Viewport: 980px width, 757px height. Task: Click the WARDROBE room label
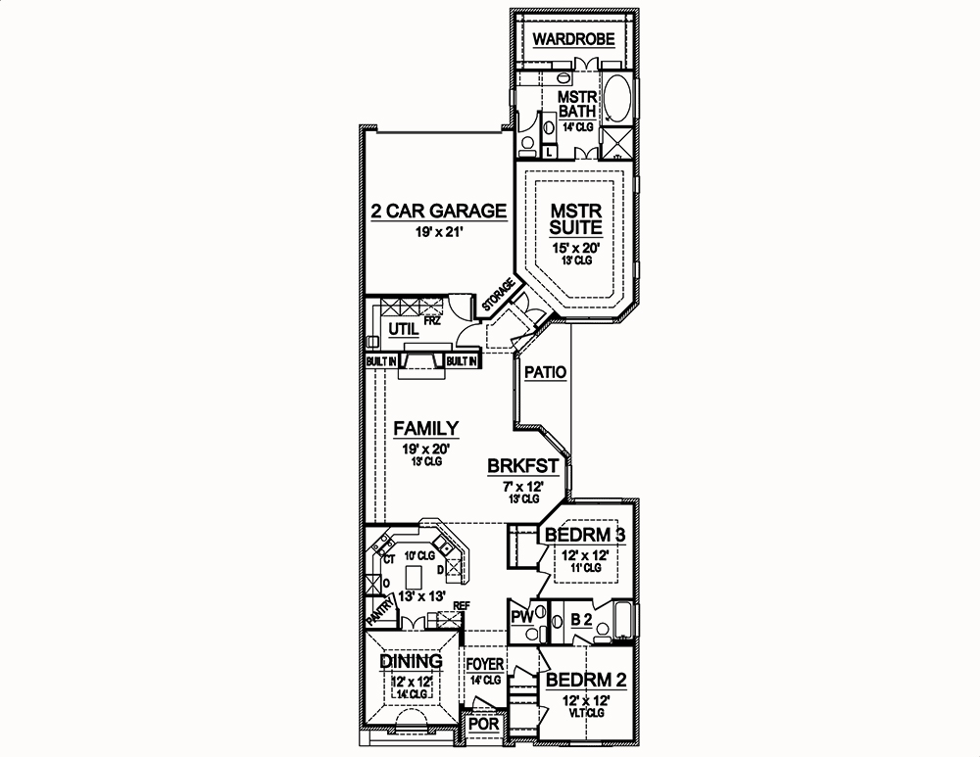pyautogui.click(x=574, y=40)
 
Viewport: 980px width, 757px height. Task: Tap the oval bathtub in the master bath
pyautogui.click(x=617, y=100)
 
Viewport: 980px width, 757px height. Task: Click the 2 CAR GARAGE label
pyautogui.click(x=438, y=212)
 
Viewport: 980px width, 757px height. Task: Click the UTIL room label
pyautogui.click(x=402, y=330)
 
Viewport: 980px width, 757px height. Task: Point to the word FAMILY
pyautogui.click(x=426, y=428)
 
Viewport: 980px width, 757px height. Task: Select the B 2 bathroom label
pyautogui.click(x=580, y=619)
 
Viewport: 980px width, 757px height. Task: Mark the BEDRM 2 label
pyautogui.click(x=586, y=681)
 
